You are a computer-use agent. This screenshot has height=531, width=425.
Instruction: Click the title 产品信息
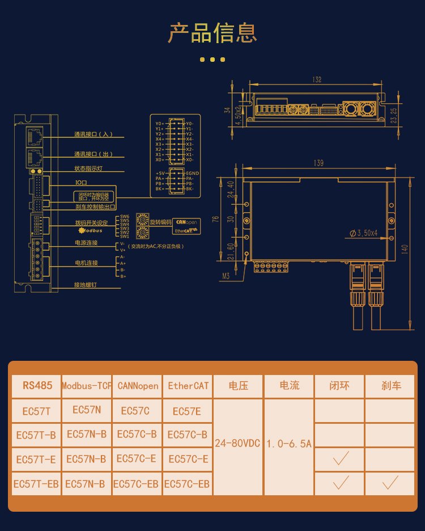[x=212, y=33]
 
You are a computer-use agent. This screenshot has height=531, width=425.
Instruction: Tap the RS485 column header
[x=36, y=386]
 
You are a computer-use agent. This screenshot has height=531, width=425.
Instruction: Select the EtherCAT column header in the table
[x=188, y=386]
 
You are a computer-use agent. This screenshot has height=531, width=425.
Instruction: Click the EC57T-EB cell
[x=36, y=484]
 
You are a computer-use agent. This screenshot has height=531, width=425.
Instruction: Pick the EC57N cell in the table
[x=86, y=410]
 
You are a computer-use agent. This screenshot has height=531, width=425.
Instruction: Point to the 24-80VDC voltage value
[x=237, y=443]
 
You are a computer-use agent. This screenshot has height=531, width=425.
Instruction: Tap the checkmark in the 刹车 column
[x=390, y=483]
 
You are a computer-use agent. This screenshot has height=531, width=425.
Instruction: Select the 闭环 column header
[x=340, y=386]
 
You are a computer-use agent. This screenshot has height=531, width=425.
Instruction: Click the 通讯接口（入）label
[x=94, y=135]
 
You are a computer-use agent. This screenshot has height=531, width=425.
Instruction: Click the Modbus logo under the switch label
[x=89, y=230]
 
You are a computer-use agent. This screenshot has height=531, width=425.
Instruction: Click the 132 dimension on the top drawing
[x=317, y=79]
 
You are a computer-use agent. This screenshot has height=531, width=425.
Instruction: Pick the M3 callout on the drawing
[x=227, y=276]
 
